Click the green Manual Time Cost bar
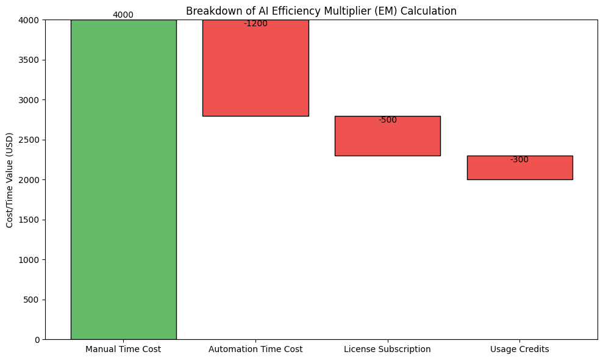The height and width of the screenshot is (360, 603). [123, 179]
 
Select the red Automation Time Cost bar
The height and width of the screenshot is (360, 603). [255, 68]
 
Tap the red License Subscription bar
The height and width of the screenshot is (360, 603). [387, 136]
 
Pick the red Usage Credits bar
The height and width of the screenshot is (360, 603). [519, 168]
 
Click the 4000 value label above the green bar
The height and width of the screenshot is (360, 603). [123, 15]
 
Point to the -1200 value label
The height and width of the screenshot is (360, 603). [255, 24]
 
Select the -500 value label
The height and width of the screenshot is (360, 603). [387, 120]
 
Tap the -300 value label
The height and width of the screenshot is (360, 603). [519, 160]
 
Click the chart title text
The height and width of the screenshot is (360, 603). [321, 11]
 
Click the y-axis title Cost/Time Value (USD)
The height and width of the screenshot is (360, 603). [10, 179]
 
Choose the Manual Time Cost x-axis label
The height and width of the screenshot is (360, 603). [123, 350]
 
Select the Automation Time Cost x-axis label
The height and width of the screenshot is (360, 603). [255, 350]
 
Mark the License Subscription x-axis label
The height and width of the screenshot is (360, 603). [387, 350]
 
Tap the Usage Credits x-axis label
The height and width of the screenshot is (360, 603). [519, 350]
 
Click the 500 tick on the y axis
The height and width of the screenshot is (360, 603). [32, 300]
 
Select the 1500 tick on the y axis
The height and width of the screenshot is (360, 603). [29, 220]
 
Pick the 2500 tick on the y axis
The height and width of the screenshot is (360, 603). [29, 140]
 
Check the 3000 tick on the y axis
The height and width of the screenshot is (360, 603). [29, 100]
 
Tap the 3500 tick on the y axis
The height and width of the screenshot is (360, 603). [29, 60]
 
